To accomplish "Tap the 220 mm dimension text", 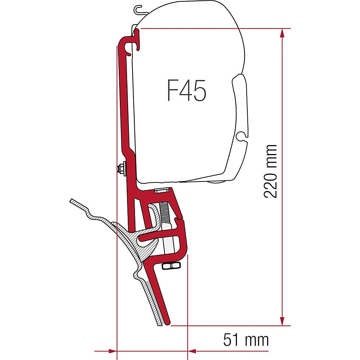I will [x=270, y=171].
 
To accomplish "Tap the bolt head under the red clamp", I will [x=171, y=266].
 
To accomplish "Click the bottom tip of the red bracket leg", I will [x=167, y=322].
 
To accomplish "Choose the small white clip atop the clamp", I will [x=161, y=191].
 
